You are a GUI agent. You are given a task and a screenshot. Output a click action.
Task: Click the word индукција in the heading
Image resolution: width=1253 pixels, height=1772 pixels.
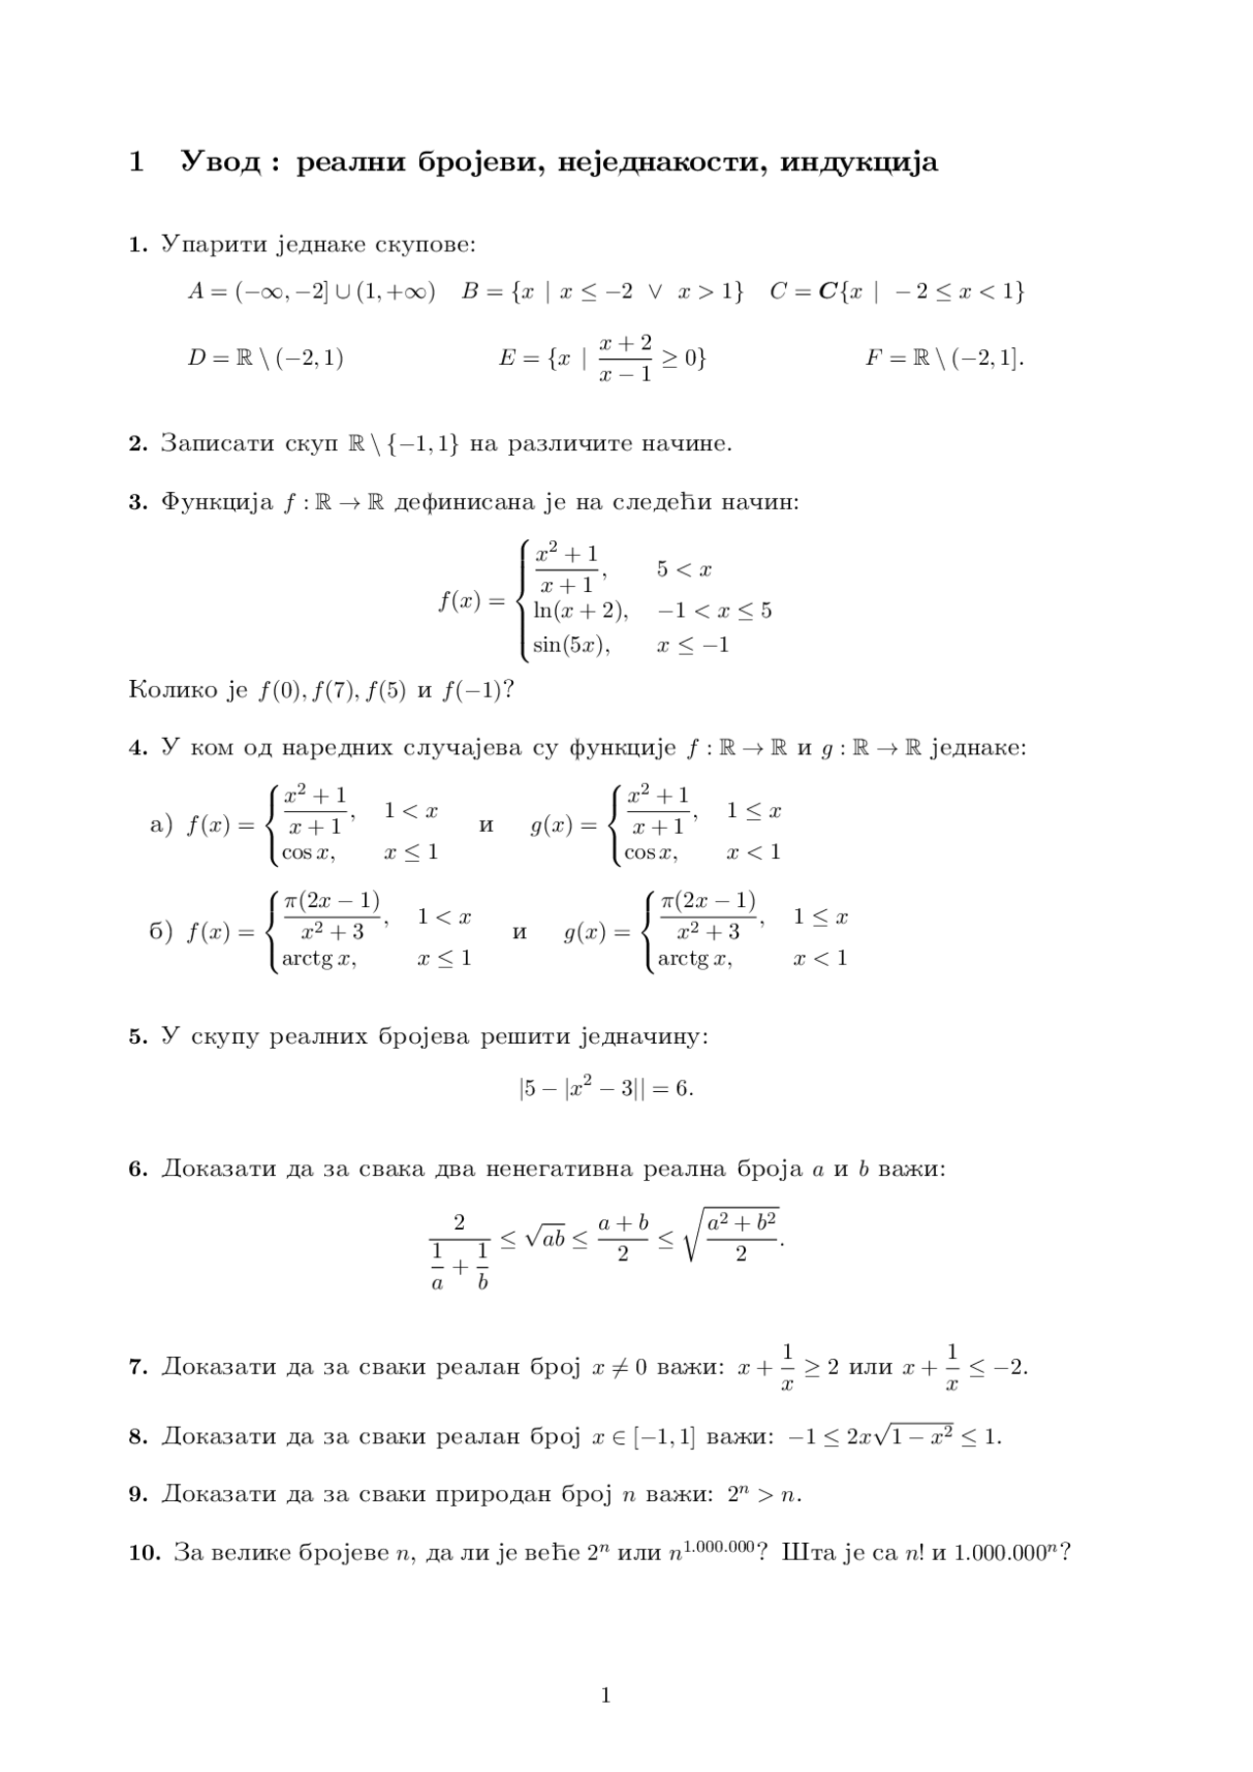coord(859,161)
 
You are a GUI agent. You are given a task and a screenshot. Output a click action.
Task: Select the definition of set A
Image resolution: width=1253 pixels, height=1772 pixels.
coord(311,292)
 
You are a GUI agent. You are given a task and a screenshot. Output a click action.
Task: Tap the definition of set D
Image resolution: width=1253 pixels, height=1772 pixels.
coord(265,358)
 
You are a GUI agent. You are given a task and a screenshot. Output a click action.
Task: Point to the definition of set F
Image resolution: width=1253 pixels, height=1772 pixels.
coord(945,358)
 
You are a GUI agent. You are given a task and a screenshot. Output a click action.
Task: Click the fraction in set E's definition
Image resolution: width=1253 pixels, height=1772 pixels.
coord(626,358)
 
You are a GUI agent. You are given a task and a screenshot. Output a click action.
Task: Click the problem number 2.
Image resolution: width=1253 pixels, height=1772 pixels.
coord(138,444)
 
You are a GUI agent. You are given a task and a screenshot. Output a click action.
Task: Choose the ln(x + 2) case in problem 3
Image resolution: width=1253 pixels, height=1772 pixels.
coord(580,611)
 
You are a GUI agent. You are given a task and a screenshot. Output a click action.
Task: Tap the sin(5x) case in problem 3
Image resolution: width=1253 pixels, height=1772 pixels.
coord(572,646)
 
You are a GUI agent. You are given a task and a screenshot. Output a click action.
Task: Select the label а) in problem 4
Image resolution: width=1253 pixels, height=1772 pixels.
coord(161,825)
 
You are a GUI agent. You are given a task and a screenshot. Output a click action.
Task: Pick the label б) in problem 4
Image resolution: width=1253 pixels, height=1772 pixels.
coord(161,931)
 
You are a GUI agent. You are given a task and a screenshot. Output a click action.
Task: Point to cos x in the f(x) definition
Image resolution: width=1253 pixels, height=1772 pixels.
coord(308,852)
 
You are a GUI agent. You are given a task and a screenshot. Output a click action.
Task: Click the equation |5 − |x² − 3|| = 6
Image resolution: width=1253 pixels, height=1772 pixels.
coord(606,1088)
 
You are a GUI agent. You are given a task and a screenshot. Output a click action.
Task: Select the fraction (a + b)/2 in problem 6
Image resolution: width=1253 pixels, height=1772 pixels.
coord(623,1238)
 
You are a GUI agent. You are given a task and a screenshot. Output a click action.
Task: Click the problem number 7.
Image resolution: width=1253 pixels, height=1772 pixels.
coord(138,1367)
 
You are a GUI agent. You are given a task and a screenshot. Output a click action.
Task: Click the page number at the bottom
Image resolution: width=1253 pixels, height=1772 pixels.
coord(606,1696)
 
